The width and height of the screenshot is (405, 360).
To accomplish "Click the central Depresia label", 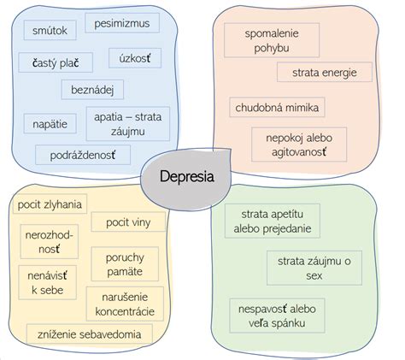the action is point(187,176).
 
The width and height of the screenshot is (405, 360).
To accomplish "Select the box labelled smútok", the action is point(50,30).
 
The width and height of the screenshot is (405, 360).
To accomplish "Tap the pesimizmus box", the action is point(122,23).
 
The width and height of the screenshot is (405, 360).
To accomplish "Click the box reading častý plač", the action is point(56,62).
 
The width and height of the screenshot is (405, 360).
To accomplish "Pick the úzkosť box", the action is point(135,58).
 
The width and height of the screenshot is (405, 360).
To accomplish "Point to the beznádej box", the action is point(92,90).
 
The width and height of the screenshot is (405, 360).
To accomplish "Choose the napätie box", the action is point(50,124).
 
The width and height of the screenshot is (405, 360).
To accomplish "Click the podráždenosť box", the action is point(83,155).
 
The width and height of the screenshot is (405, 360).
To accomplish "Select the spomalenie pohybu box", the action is point(272,40).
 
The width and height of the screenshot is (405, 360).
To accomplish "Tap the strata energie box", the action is point(325,72).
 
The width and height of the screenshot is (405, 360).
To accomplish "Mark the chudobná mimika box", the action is point(277,107).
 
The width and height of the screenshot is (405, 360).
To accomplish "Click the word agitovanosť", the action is point(299,152).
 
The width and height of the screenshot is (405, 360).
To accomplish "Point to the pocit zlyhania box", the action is point(50,204).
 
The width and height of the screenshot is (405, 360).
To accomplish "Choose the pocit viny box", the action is point(128,221).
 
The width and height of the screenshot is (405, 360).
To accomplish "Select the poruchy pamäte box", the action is point(125,264).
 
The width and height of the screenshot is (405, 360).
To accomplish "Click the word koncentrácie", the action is point(125,311).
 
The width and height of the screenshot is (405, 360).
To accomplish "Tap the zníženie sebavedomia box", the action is point(90,333).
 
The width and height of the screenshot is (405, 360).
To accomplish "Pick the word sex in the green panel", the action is point(314,275).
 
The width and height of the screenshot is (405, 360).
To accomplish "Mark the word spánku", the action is point(289,323).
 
